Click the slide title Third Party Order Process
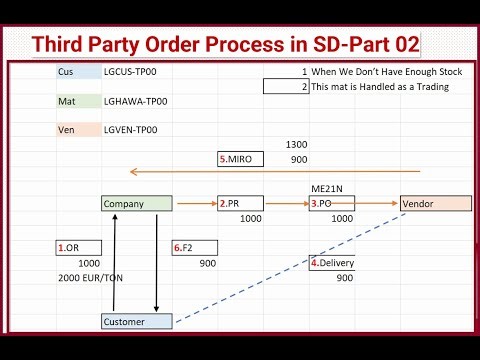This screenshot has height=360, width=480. pos(225,44)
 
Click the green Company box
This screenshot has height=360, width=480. pos(137,203)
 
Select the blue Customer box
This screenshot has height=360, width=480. pos(137,321)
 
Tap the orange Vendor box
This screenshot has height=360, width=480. pos(435,203)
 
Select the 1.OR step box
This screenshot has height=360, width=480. pos(78,247)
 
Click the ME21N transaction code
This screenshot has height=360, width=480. pos(327,188)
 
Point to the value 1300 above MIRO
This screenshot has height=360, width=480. pos(296,145)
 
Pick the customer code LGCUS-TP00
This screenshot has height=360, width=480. pos(130,72)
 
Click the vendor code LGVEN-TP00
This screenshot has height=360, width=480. pos(130,130)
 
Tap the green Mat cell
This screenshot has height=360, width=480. pos(78,101)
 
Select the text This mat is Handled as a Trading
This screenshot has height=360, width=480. pos(380,87)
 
